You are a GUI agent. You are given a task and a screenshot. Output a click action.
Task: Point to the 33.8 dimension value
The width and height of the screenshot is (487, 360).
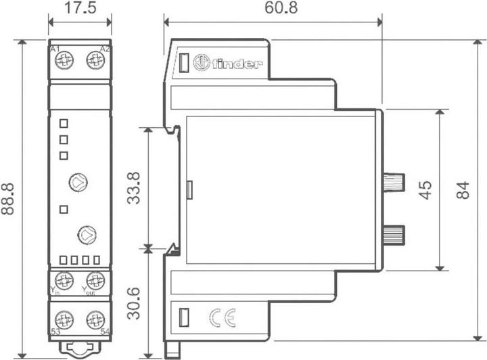(135, 187)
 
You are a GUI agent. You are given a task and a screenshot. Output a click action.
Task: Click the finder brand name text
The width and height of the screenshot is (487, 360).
(237, 64)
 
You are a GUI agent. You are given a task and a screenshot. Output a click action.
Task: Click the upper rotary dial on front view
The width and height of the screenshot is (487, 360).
(78, 181)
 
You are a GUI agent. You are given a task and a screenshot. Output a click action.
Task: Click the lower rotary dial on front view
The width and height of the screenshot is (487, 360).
(87, 234)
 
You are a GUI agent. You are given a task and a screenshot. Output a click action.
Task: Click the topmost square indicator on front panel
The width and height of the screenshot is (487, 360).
(64, 123)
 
